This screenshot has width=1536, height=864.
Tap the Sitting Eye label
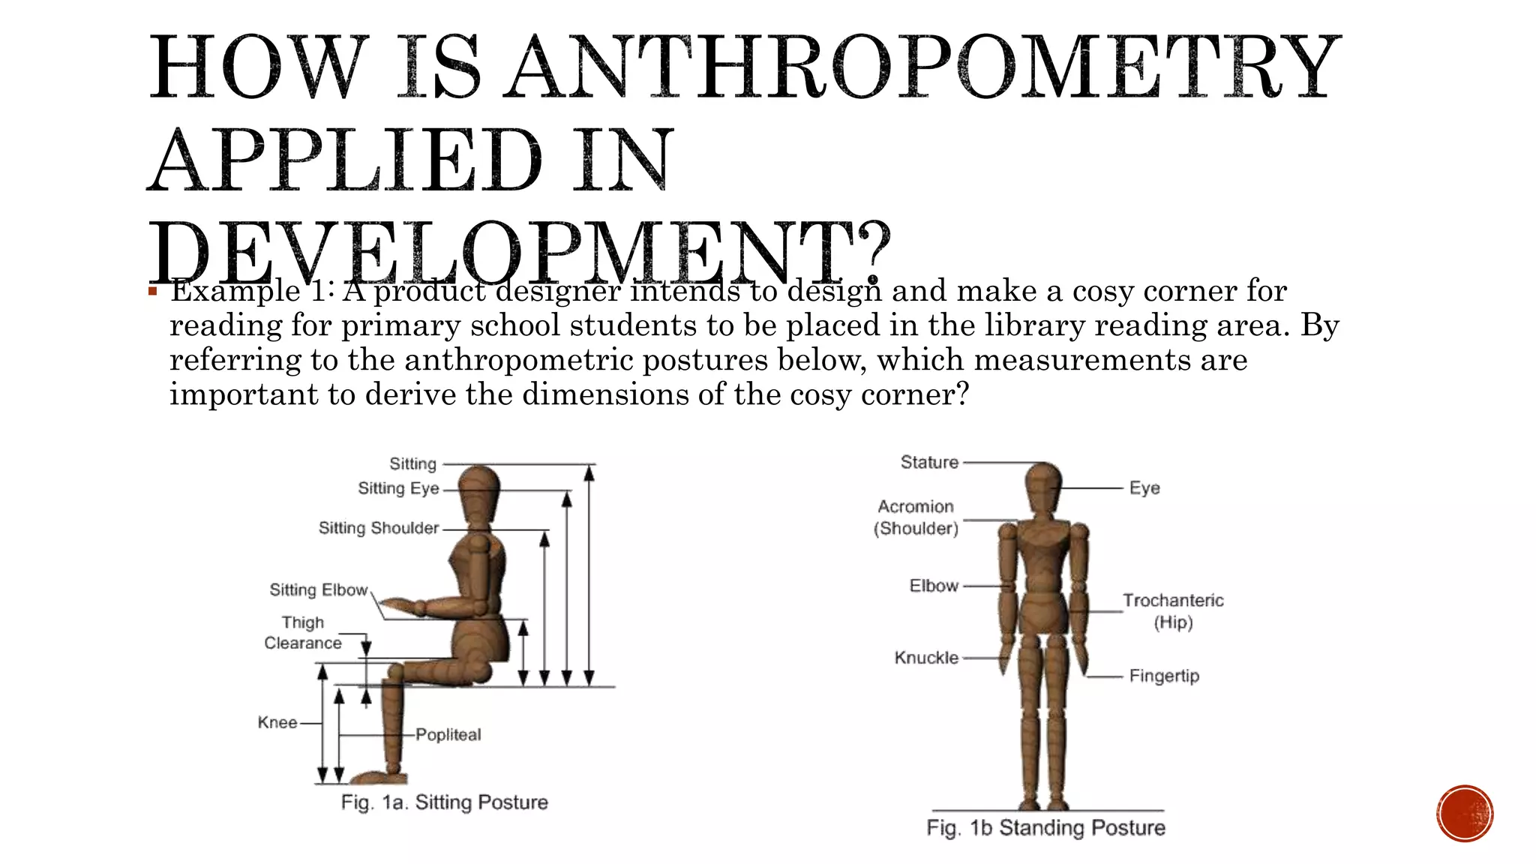[x=398, y=488]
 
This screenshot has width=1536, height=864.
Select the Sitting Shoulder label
[x=379, y=528]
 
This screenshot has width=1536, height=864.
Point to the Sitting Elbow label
[x=319, y=590]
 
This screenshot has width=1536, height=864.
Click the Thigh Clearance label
[x=303, y=633]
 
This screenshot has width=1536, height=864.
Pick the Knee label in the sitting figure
[x=277, y=723]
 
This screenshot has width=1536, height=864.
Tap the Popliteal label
[x=448, y=735]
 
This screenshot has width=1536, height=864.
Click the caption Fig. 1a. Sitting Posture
[x=444, y=802]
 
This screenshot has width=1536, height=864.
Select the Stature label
[x=929, y=462]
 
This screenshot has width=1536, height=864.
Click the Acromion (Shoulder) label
[x=916, y=517]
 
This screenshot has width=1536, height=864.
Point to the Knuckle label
[x=926, y=658]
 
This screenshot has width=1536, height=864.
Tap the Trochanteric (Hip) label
[x=1173, y=610]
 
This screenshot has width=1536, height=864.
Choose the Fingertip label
[x=1164, y=676]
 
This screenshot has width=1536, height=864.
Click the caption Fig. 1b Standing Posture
[x=1045, y=828]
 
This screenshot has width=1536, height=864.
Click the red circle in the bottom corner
[x=1465, y=814]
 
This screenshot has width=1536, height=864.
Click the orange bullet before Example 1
[x=152, y=291]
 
